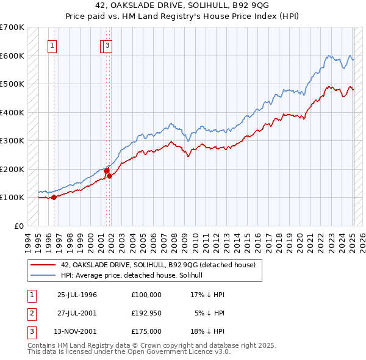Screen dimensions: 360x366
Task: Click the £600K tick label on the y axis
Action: pyautogui.click(x=13, y=56)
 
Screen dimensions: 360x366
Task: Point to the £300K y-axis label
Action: pyautogui.click(x=13, y=140)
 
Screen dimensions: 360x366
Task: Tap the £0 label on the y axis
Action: pyautogui.click(x=19, y=226)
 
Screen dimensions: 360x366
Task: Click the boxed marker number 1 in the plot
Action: pyautogui.click(x=52, y=45)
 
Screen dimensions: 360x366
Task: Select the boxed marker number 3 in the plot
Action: pyautogui.click(x=108, y=45)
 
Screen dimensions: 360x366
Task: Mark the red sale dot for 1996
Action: pyautogui.click(x=54, y=197)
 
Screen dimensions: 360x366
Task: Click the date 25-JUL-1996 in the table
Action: pyautogui.click(x=77, y=295)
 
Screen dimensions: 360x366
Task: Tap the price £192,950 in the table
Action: pyautogui.click(x=146, y=313)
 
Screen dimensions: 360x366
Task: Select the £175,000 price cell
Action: pyautogui.click(x=146, y=331)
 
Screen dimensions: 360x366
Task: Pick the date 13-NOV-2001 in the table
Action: pyautogui.click(x=77, y=331)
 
